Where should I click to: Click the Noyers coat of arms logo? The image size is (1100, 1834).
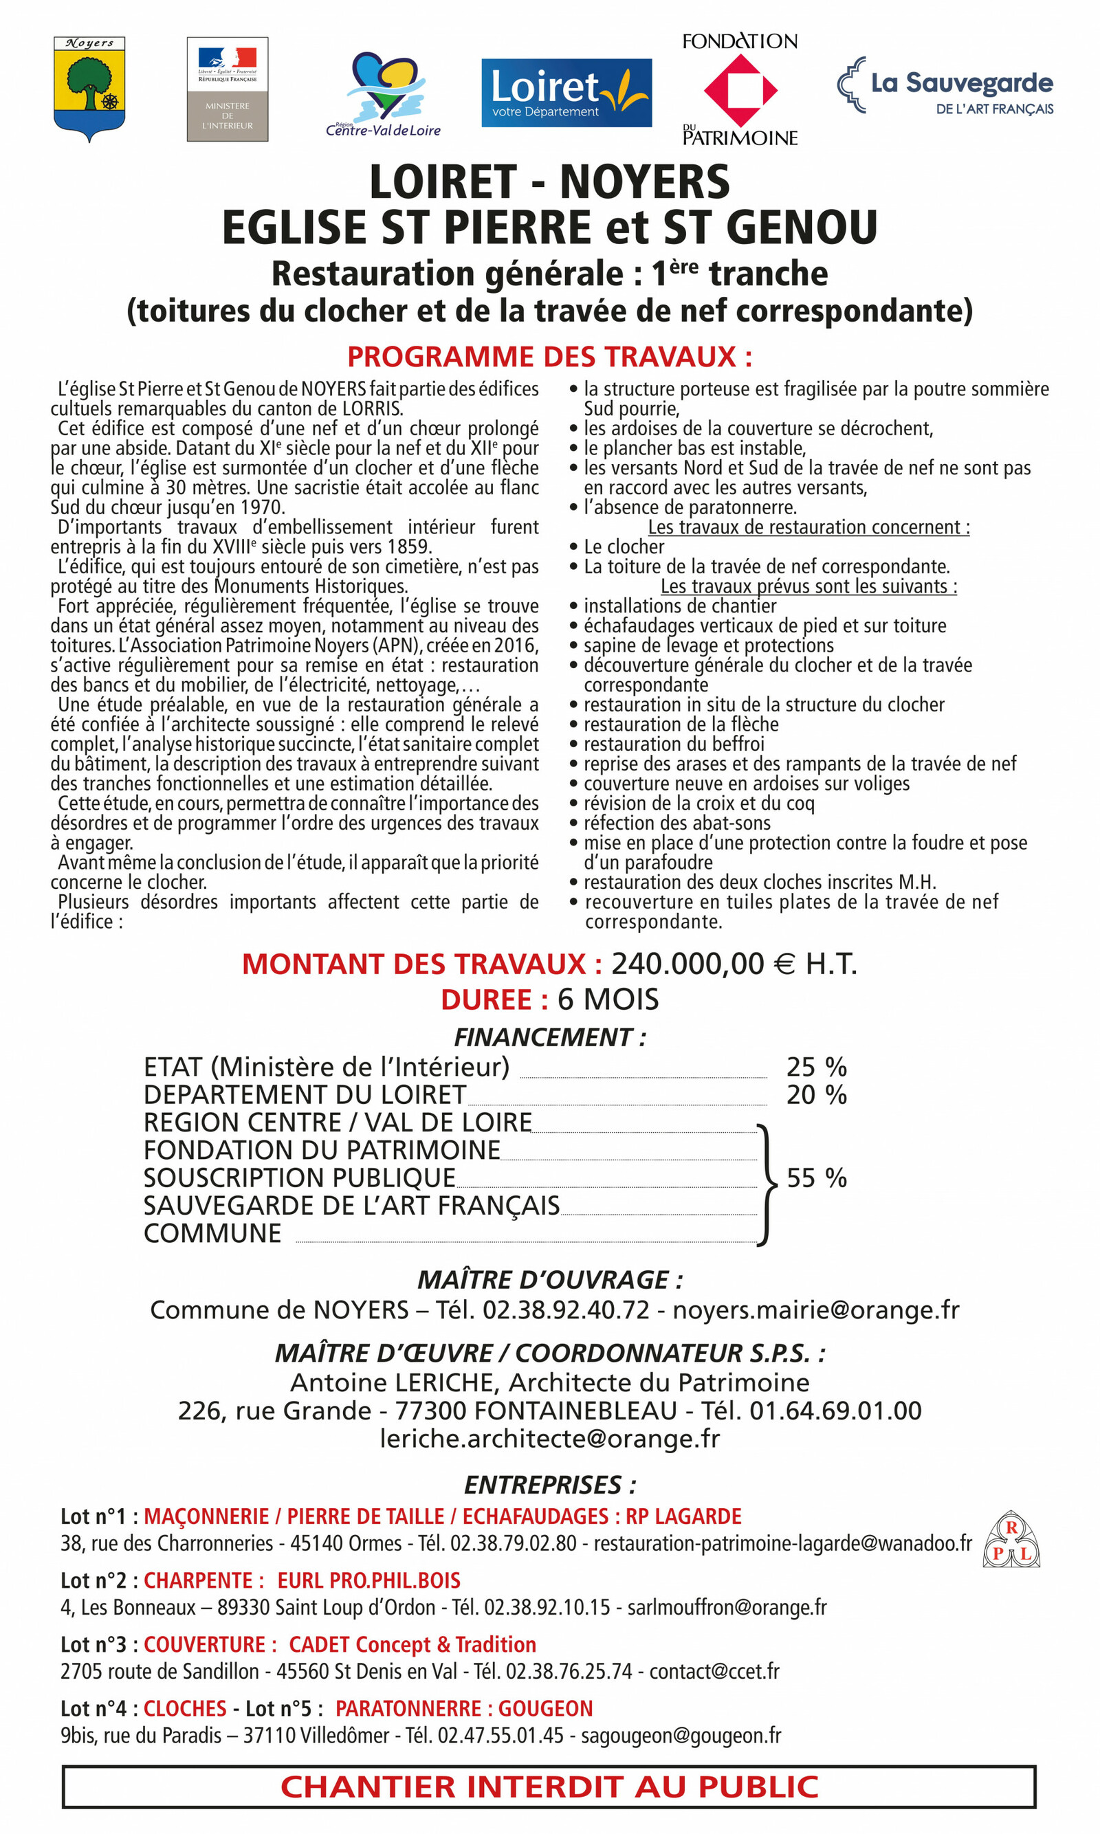pyautogui.click(x=89, y=87)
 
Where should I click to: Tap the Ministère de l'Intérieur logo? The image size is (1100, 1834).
pyautogui.click(x=228, y=89)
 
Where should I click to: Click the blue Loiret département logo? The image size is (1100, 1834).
pyautogui.click(x=566, y=93)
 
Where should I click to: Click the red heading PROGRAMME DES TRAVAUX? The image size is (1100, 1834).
pyautogui.click(x=549, y=357)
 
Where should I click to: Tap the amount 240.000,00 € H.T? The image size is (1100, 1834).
pyautogui.click(x=734, y=964)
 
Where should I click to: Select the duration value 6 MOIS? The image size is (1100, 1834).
pyautogui.click(x=608, y=999)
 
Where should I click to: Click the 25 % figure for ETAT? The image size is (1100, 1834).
pyautogui.click(x=816, y=1067)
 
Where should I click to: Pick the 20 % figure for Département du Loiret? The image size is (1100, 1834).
pyautogui.click(x=816, y=1094)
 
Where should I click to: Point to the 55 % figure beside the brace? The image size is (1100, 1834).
pyautogui.click(x=816, y=1178)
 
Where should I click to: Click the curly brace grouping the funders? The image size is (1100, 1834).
pyautogui.click(x=767, y=1184)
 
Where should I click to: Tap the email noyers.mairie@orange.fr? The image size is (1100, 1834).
pyautogui.click(x=815, y=1310)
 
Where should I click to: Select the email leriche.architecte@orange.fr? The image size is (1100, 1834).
pyautogui.click(x=549, y=1438)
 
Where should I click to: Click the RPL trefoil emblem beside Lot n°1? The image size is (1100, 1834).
pyautogui.click(x=1011, y=1540)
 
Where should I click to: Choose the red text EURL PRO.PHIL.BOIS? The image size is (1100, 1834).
pyautogui.click(x=369, y=1580)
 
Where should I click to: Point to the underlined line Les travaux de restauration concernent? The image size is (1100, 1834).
pyautogui.click(x=808, y=527)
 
